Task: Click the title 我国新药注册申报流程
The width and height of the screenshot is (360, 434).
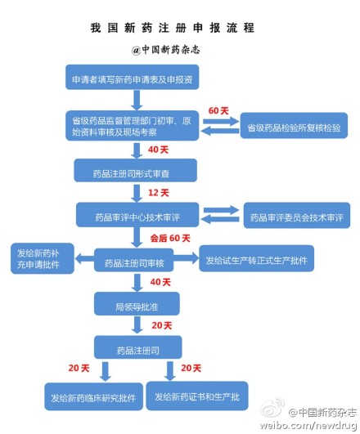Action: coord(172,28)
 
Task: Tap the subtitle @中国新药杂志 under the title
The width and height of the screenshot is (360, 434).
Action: coord(165,50)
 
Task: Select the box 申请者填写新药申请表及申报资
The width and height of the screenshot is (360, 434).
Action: coord(133,77)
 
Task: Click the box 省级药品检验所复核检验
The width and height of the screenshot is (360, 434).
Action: coord(294,125)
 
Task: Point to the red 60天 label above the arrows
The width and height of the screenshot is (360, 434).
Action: coord(218,110)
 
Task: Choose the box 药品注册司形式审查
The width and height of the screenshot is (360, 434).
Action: coord(136,170)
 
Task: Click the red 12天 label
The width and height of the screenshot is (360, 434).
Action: coord(158,193)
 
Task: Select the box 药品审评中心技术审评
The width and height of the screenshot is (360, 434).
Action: coord(137,215)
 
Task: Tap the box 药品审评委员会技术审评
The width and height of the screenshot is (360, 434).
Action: coord(297,215)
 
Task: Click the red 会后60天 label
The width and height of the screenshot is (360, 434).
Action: coord(170,238)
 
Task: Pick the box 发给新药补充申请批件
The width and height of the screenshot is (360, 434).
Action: coord(43,258)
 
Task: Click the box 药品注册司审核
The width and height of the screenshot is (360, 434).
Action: coord(134,260)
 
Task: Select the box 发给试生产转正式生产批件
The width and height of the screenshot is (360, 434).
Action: coord(257,258)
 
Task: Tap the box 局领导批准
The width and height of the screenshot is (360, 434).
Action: coord(137,303)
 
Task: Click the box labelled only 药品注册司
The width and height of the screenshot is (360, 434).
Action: coord(138,347)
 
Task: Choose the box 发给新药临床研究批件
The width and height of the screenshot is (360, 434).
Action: coord(93,396)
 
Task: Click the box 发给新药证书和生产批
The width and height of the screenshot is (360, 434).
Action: coord(197,396)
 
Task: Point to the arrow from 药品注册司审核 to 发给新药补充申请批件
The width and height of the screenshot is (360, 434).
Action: coord(84,259)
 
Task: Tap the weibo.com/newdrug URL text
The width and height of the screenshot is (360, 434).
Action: coord(308,425)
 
